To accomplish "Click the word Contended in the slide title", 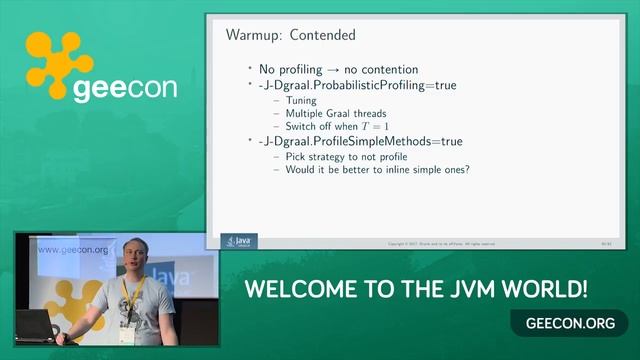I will [x=322, y=35].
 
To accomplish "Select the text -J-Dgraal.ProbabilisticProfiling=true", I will [x=357, y=85].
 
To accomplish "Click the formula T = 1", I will [x=374, y=127].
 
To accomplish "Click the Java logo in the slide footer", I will [x=240, y=241].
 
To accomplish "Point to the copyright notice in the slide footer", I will [x=440, y=243].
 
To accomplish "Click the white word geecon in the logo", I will [x=125, y=88].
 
